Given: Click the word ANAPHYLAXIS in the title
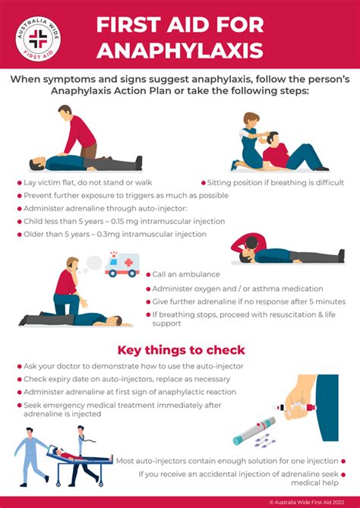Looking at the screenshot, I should click(x=179, y=52).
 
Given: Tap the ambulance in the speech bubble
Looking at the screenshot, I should click(x=122, y=265).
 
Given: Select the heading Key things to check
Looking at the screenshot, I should click(x=181, y=350).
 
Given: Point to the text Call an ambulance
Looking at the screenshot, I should click(x=186, y=274).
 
